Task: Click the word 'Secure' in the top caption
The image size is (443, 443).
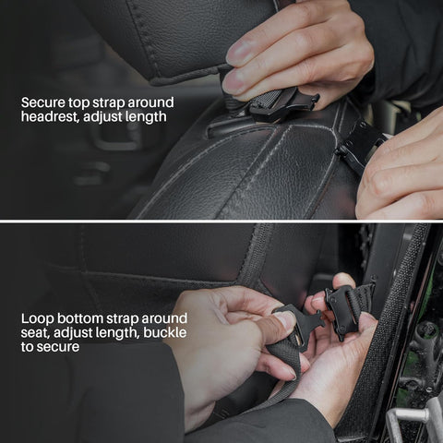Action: coord(43,102)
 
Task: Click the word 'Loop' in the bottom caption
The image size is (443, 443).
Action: coord(37,319)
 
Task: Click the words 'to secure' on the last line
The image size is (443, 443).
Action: coord(50,347)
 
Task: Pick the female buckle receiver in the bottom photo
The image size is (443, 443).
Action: coord(342,311)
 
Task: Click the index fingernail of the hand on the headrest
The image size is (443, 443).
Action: coord(236,53)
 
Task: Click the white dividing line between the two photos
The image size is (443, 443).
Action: coord(221,221)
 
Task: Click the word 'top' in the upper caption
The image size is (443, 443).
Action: coord(78,103)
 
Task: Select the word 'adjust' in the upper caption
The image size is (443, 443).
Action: coord(103,117)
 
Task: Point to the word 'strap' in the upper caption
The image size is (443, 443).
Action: coord(108,103)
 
